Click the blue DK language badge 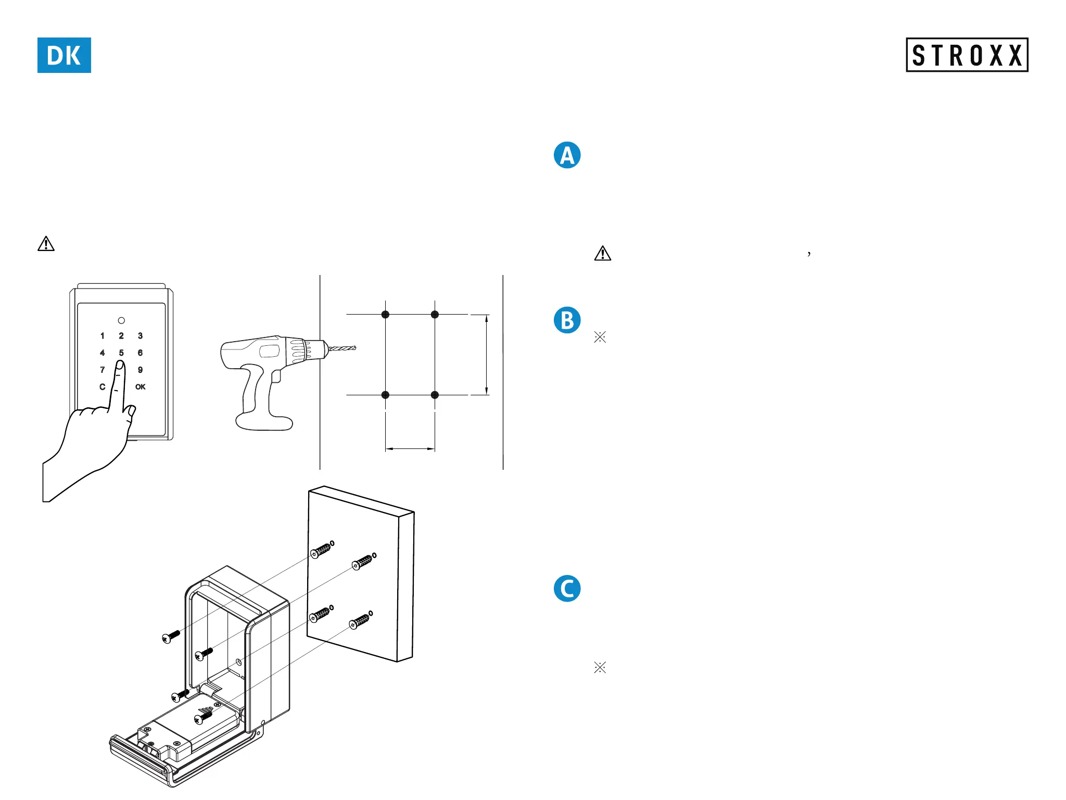[x=64, y=55]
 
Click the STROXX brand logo [x=967, y=55]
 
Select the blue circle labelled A [x=567, y=155]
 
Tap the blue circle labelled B [x=567, y=320]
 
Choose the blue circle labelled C [x=567, y=589]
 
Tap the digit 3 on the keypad [x=140, y=336]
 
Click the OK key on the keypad [x=141, y=387]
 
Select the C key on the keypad [x=103, y=387]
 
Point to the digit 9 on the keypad [x=140, y=370]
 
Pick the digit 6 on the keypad [x=140, y=353]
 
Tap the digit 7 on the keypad [x=103, y=370]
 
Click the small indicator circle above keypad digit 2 [x=121, y=320]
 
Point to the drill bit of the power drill [x=342, y=348]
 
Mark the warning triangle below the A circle [x=603, y=254]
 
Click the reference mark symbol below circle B [x=600, y=337]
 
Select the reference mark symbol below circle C [x=600, y=667]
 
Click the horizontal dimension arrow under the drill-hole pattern [x=410, y=448]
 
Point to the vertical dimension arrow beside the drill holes [x=487, y=355]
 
